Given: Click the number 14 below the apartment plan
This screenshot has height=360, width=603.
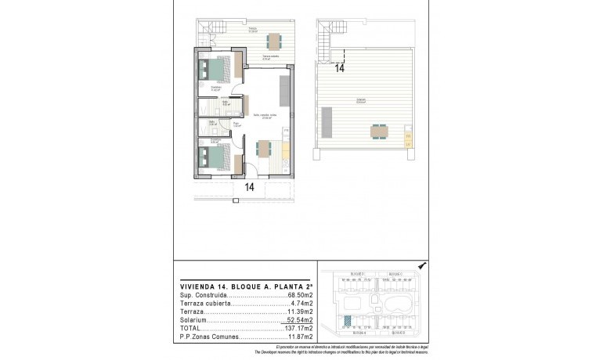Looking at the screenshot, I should coord(249,187).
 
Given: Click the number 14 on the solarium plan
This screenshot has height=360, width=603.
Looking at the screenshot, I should coord(339,68).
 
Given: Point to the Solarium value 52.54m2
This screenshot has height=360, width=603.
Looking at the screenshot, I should coord(298,320).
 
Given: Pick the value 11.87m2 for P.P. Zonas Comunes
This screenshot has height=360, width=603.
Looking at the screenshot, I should coord(298,337).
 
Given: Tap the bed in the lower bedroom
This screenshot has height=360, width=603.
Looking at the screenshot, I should coord(215,154).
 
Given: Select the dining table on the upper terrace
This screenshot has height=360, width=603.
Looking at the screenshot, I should coord(272,41).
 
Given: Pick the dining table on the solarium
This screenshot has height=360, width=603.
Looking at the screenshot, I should coord(379,131).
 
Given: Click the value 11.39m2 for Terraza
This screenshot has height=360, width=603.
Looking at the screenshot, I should coord(298,311).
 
